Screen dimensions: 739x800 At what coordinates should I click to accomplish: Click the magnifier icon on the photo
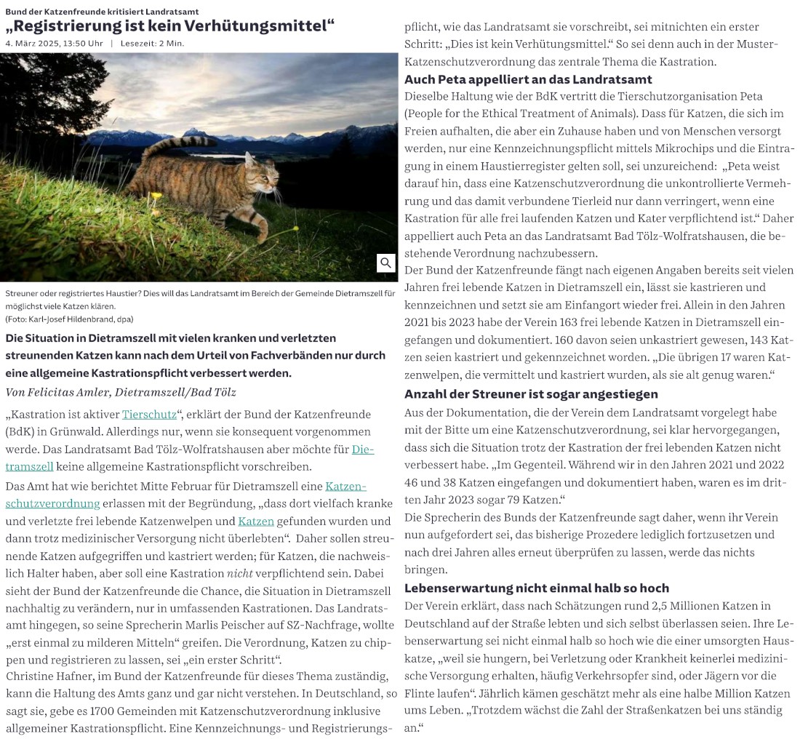(x=385, y=263)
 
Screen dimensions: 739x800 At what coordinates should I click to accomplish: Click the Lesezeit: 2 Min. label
(x=152, y=44)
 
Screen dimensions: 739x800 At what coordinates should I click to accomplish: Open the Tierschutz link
(x=149, y=415)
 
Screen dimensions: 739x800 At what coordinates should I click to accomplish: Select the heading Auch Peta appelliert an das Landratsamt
(x=528, y=79)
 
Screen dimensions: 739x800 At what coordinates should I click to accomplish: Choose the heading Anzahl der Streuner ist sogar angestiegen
(x=531, y=394)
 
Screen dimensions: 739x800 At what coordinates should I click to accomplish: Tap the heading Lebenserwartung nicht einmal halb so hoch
(x=537, y=588)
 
